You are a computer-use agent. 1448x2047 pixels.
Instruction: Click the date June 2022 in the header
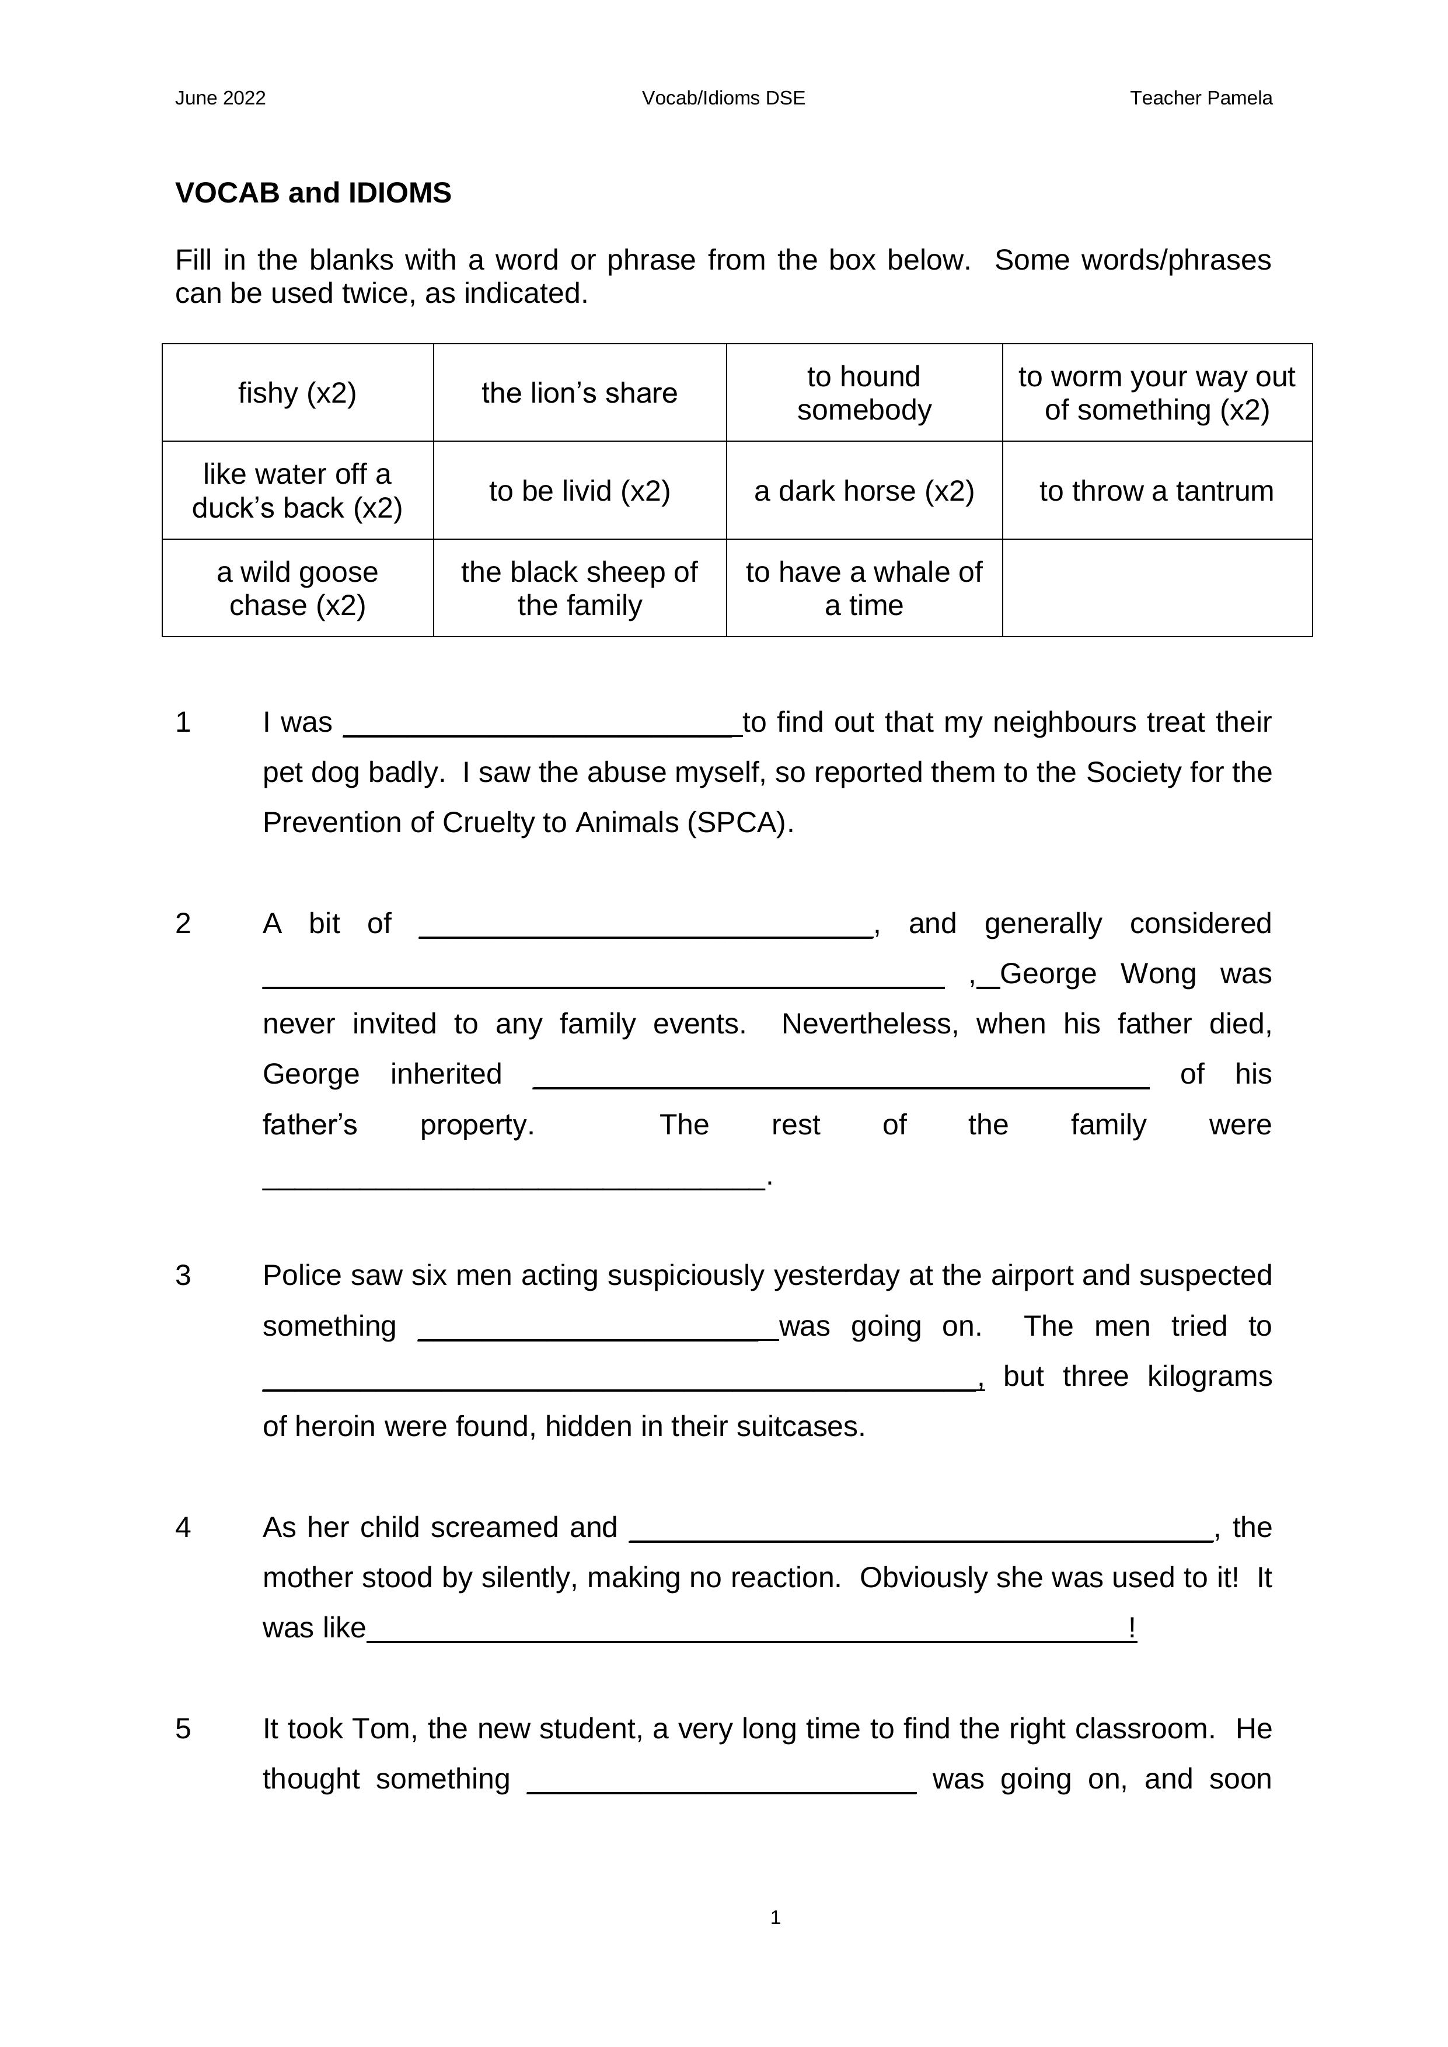220,98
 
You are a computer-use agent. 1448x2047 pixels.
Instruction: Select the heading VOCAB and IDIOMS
313,194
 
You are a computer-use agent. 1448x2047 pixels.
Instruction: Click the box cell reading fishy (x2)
297,393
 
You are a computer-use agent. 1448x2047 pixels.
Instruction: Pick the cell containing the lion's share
580,393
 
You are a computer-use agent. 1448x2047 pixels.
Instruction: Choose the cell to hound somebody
864,393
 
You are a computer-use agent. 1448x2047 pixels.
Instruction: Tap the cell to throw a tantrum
1156,491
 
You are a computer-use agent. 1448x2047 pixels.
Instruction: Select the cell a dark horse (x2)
864,491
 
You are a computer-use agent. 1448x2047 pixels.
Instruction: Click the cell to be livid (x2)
580,491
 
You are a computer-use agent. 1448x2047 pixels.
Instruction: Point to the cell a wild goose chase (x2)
297,588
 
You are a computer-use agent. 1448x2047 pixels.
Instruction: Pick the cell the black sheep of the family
580,588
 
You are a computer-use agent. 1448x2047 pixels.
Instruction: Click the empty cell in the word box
1156,588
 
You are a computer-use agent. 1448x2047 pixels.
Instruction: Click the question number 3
183,1276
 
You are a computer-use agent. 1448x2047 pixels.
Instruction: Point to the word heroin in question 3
336,1427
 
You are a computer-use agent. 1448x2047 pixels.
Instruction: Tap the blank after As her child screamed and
921,1530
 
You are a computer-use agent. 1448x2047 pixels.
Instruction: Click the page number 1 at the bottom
775,1917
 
